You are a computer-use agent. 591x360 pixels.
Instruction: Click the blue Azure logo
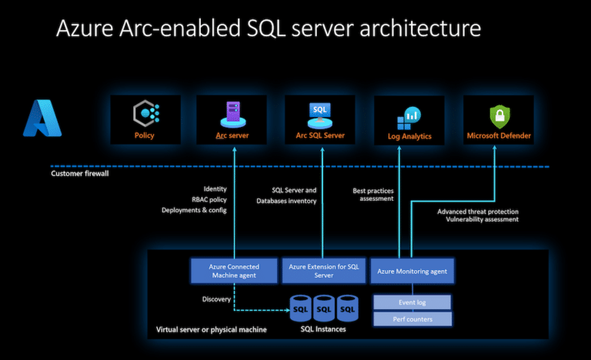42,118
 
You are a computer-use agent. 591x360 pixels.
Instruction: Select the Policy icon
146,113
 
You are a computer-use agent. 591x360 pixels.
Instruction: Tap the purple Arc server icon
233,114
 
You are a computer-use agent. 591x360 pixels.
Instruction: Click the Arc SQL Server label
320,135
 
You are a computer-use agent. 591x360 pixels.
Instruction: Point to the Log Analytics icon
409,118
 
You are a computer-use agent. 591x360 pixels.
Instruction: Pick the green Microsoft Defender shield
499,116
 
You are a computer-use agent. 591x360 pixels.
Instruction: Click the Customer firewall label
80,173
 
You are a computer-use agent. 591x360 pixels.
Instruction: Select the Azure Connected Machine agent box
234,271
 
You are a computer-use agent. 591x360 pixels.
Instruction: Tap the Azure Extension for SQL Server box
324,271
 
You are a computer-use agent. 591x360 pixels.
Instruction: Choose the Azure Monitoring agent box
412,271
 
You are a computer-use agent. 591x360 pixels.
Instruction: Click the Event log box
412,302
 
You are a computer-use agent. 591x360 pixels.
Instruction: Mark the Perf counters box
412,319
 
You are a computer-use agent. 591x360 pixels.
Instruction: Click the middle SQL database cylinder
324,308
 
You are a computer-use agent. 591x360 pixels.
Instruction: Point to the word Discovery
216,299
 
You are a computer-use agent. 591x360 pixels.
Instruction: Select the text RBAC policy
209,199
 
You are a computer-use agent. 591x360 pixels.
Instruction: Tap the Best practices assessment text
373,195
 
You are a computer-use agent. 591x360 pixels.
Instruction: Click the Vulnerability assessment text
482,219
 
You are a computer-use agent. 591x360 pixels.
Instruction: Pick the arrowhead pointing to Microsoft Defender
495,148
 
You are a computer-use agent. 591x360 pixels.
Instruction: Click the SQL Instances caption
323,329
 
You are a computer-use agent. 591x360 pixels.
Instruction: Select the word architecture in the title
420,28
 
